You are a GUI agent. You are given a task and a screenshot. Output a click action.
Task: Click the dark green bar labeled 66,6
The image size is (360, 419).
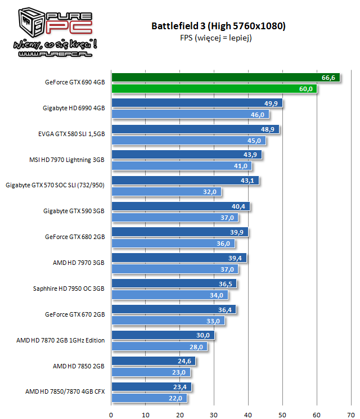pyautogui.click(x=226, y=78)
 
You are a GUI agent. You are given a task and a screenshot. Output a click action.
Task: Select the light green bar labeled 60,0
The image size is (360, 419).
pyautogui.click(x=214, y=89)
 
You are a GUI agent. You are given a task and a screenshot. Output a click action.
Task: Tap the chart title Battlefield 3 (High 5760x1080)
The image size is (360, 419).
pyautogui.click(x=218, y=26)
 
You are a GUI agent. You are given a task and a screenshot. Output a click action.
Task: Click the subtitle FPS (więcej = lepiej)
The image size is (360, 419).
pyautogui.click(x=216, y=38)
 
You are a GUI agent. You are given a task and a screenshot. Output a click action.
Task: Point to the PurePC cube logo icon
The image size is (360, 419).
pyautogui.click(x=31, y=22)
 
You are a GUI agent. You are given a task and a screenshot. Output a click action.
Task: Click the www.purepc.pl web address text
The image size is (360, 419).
pyautogui.click(x=55, y=54)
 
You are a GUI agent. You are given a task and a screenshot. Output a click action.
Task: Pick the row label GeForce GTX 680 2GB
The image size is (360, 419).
pyautogui.click(x=75, y=237)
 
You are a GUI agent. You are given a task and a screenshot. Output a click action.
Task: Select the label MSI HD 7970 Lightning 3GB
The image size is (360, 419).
pyautogui.click(x=67, y=160)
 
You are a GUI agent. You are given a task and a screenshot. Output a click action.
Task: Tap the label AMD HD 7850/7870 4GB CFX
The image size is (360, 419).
pyautogui.click(x=65, y=391)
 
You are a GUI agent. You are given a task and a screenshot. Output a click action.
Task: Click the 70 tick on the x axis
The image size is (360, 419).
pyautogui.click(x=351, y=415)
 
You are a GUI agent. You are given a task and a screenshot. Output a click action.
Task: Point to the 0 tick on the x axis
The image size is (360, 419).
pyautogui.click(x=111, y=415)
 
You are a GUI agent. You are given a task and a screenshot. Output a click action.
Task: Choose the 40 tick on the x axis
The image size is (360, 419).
pyautogui.click(x=248, y=415)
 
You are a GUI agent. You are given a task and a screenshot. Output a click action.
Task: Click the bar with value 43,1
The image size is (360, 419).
pyautogui.click(x=186, y=181)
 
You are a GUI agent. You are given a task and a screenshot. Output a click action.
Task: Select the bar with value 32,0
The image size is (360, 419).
pyautogui.click(x=166, y=192)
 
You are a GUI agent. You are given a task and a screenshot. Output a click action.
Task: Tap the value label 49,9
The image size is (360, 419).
pyautogui.click(x=271, y=103)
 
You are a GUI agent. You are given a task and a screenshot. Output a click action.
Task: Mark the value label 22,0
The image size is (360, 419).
pyautogui.click(x=175, y=398)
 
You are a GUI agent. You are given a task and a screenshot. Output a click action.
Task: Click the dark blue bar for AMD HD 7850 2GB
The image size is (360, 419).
pyautogui.click(x=154, y=361)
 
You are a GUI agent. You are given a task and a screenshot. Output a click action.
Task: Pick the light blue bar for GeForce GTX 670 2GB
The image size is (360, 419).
pyautogui.click(x=168, y=321)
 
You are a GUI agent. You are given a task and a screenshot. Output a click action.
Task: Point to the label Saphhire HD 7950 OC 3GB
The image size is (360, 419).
pyautogui.click(x=69, y=289)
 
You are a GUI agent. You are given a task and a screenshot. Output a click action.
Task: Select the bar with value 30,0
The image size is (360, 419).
pyautogui.click(x=163, y=335)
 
